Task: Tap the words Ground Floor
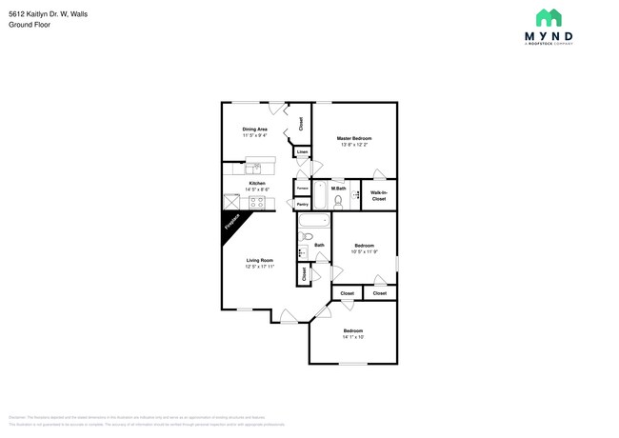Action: click(30, 25)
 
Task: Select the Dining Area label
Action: click(253, 129)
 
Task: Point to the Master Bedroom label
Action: click(353, 138)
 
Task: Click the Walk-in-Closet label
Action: click(378, 196)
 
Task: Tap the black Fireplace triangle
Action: click(231, 224)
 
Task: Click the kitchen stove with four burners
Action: click(256, 202)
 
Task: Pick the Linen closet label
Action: click(302, 152)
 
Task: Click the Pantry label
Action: click(302, 205)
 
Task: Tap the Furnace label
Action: click(302, 188)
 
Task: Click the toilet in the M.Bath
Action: click(337, 201)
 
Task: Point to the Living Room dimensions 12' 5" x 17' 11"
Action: click(260, 267)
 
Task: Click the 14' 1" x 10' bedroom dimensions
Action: click(353, 337)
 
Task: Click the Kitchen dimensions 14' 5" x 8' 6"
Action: click(256, 189)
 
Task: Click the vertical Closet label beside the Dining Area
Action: click(301, 123)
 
